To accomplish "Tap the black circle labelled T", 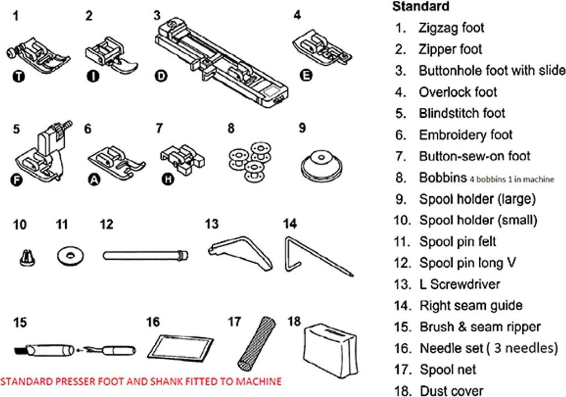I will pos(20,76).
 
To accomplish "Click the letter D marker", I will pos(161,76).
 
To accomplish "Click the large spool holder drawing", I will pos(318,163).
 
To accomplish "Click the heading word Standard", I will pos(420,7).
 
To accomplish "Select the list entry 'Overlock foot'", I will pos(458,92).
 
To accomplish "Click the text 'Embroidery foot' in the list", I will pos(465,135).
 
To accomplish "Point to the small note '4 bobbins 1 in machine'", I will pos(512,180).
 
